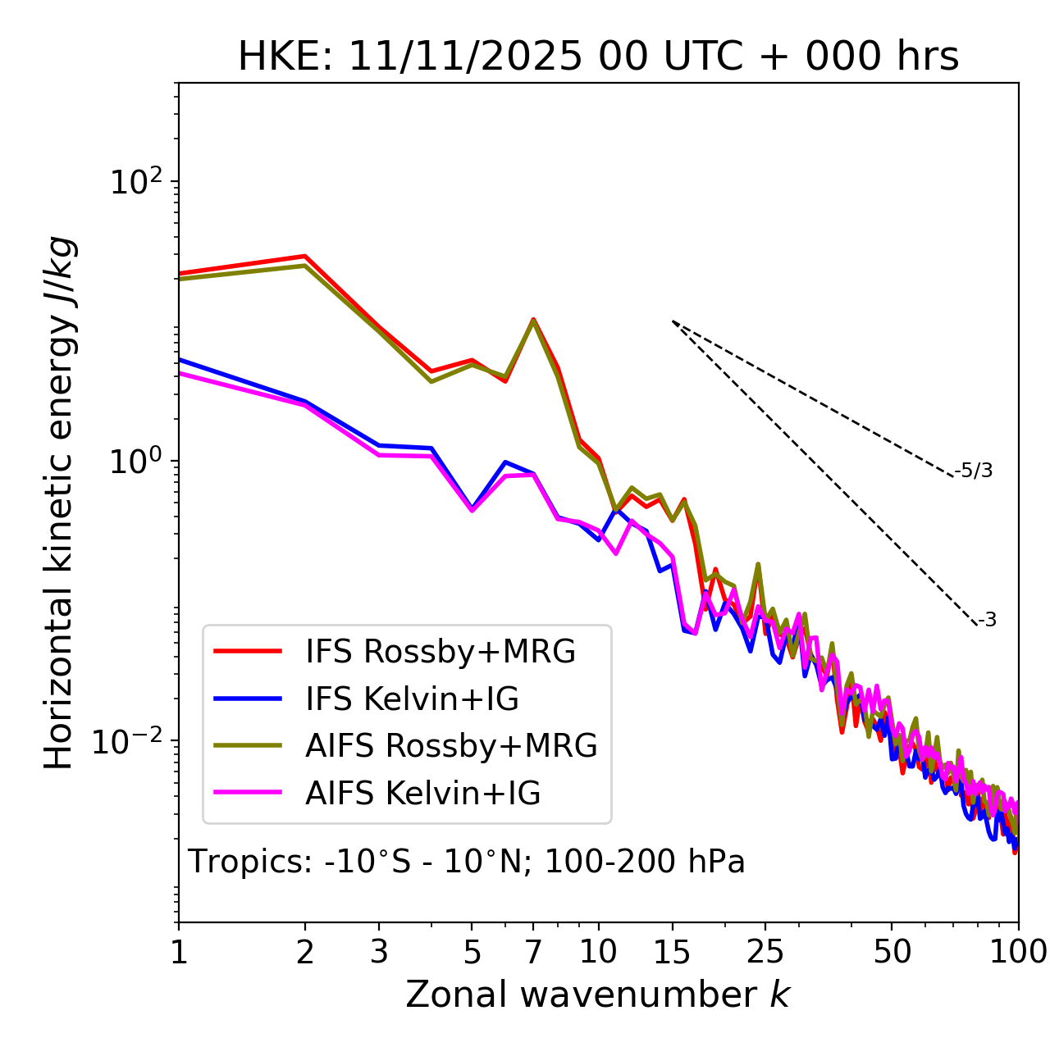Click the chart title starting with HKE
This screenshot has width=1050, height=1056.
(x=598, y=57)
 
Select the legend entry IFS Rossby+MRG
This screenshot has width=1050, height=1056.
(x=440, y=652)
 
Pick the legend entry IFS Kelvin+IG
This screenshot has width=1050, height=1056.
(x=412, y=699)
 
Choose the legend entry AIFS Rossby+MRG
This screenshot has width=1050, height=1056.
(x=451, y=746)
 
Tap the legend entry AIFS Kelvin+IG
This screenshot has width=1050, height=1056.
(x=422, y=794)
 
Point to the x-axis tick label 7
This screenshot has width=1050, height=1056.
(x=533, y=952)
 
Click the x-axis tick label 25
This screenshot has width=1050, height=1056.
(x=765, y=952)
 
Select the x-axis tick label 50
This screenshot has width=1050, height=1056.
(x=892, y=952)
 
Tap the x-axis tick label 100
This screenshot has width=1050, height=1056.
(x=1018, y=952)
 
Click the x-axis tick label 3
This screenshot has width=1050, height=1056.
(x=379, y=952)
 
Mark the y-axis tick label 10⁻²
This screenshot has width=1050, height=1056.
(x=131, y=743)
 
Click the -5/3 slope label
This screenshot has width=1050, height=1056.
(x=974, y=471)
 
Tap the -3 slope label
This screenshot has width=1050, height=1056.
(x=987, y=620)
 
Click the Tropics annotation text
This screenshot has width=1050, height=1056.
(x=466, y=862)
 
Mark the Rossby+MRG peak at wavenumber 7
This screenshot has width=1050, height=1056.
(x=533, y=320)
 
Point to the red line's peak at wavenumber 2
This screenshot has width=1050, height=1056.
(x=305, y=256)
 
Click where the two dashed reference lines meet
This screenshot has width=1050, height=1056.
(x=673, y=321)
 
